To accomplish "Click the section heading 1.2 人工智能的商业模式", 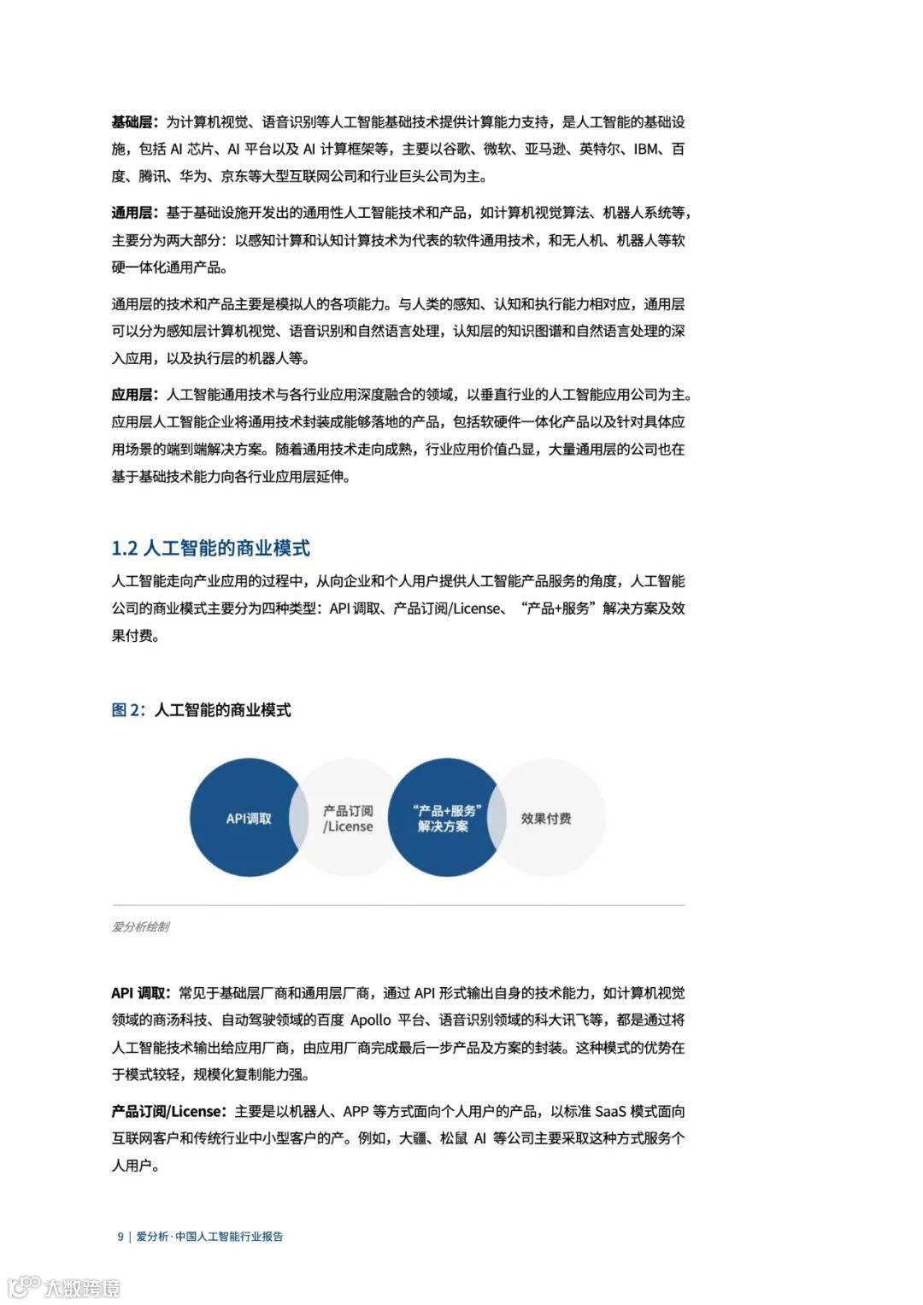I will pyautogui.click(x=210, y=548).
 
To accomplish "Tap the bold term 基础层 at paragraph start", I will pyautogui.click(x=132, y=122).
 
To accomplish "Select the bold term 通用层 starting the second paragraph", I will pyautogui.click(x=132, y=213).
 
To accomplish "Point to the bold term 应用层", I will pyautogui.click(x=132, y=395).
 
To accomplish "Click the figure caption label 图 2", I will pyautogui.click(x=127, y=710).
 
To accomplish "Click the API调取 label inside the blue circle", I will pyautogui.click(x=249, y=819).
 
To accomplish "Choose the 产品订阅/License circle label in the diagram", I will pyautogui.click(x=348, y=819).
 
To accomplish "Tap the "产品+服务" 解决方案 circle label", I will pyautogui.click(x=444, y=819).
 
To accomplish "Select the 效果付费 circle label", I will pyautogui.click(x=546, y=819).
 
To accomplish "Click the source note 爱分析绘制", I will pyautogui.click(x=140, y=926).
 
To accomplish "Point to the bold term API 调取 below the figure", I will pyautogui.click(x=139, y=993).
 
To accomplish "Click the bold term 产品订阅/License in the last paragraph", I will pyautogui.click(x=167, y=1112).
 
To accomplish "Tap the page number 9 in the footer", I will pyautogui.click(x=121, y=1236).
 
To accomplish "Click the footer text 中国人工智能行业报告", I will pyautogui.click(x=229, y=1236).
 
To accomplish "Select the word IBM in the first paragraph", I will pyautogui.click(x=646, y=150).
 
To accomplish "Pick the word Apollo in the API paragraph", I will pyautogui.click(x=370, y=1020).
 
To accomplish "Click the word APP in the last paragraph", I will pyautogui.click(x=357, y=1112).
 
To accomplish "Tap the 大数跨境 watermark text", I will pyautogui.click(x=82, y=1287).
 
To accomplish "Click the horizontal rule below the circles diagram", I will pyautogui.click(x=398, y=905).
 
